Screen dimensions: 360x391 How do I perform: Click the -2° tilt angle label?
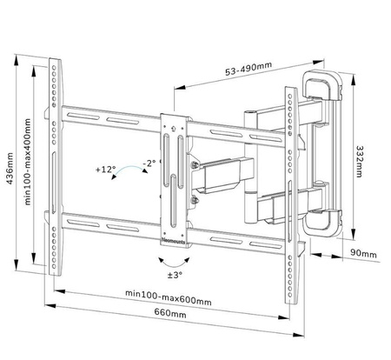pyautogui.click(x=149, y=163)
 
